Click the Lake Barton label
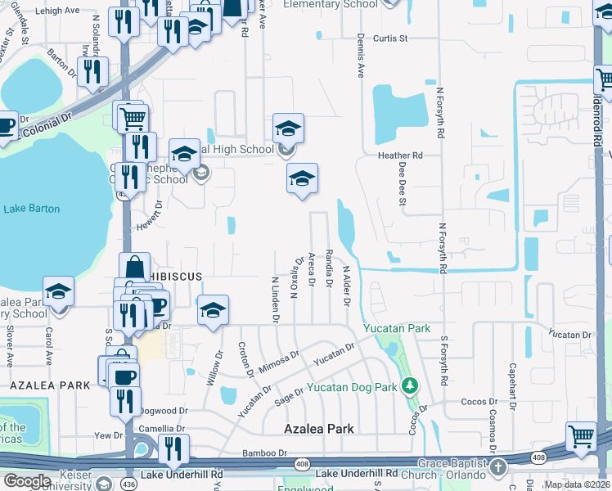tap(32, 209)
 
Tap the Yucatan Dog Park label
tap(352, 387)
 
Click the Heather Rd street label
tap(399, 155)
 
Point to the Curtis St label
tap(390, 38)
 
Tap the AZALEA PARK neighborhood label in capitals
tap(49, 385)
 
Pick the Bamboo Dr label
tap(265, 453)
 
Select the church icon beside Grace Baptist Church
tap(497, 466)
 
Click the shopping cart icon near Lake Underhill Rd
tap(582, 437)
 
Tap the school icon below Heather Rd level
tap(302, 179)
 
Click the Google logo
tap(27, 481)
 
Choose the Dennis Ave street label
tap(360, 56)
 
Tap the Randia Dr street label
tap(329, 268)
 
